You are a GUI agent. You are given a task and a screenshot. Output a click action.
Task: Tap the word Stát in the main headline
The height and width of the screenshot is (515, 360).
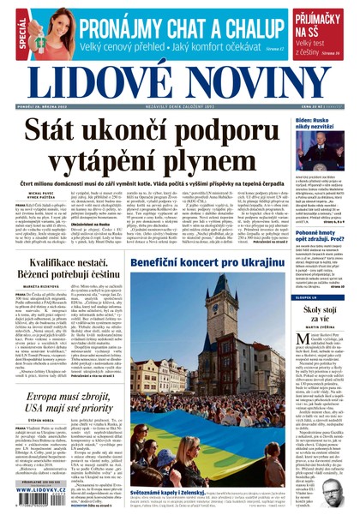tap(57, 130)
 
